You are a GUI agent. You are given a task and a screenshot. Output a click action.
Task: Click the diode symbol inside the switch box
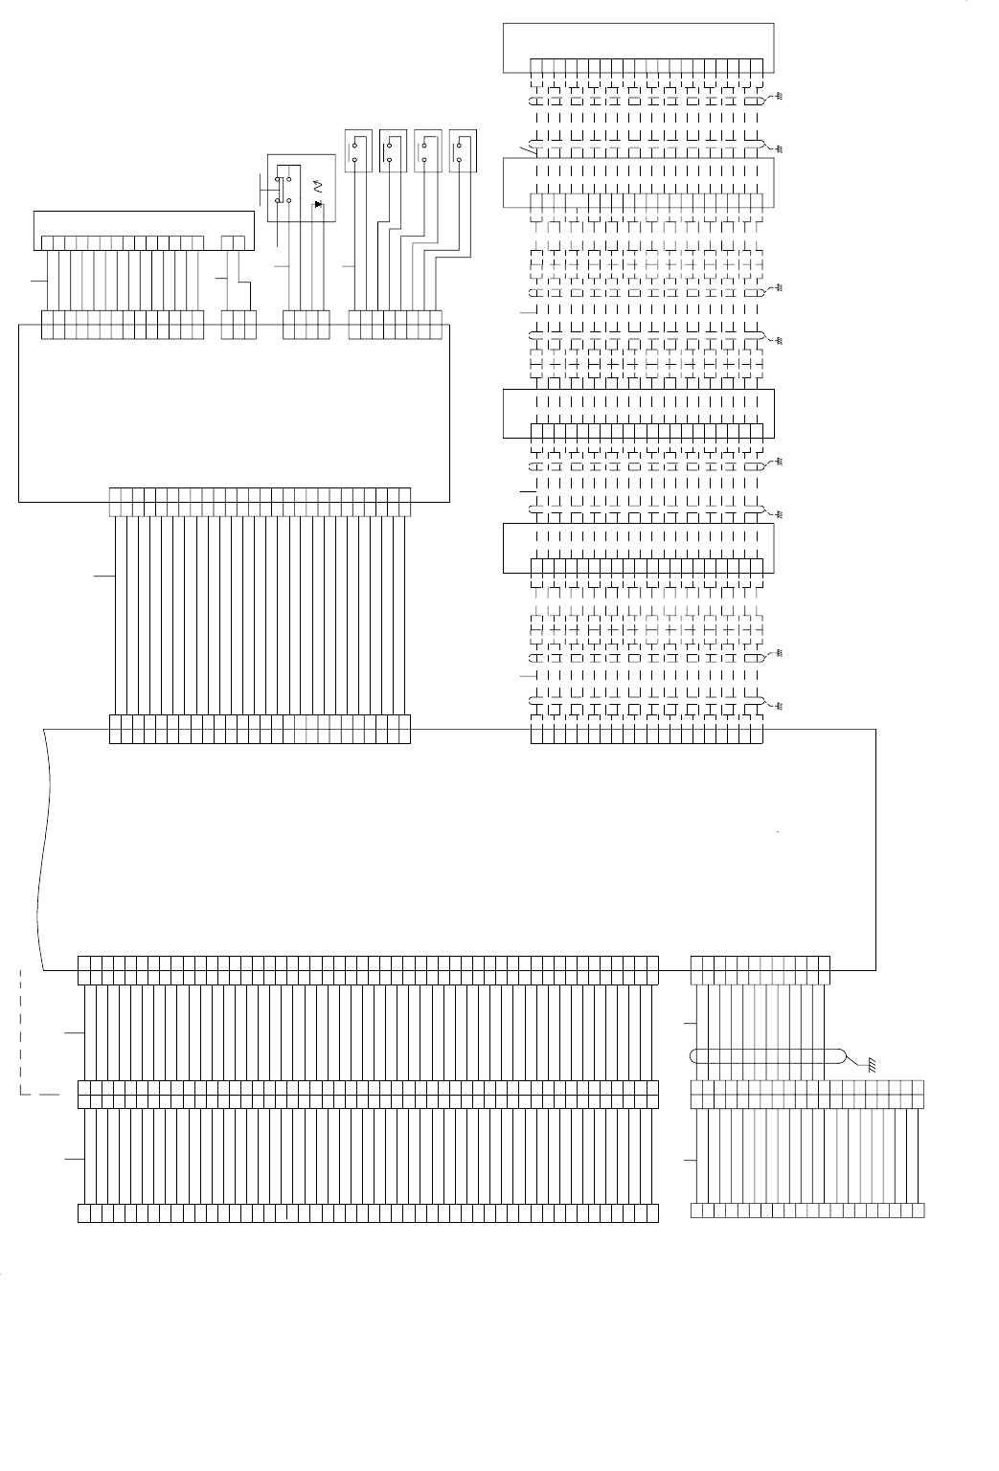click(x=319, y=204)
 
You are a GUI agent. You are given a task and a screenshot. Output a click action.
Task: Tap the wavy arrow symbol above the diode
click(x=319, y=184)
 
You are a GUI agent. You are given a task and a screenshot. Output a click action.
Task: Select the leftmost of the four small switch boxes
click(x=357, y=150)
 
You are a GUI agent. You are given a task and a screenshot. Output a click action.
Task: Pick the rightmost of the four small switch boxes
click(x=464, y=150)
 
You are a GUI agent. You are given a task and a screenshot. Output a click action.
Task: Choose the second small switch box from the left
click(x=393, y=150)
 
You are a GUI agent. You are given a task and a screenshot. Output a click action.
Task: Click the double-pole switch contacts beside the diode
click(x=283, y=188)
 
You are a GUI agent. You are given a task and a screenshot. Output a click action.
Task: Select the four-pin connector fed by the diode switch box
click(x=307, y=325)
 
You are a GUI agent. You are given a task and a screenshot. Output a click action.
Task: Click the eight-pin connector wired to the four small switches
click(x=396, y=325)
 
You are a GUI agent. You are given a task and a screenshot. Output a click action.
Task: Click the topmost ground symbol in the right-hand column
click(x=779, y=98)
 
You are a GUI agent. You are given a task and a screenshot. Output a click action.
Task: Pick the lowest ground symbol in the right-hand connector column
click(x=779, y=706)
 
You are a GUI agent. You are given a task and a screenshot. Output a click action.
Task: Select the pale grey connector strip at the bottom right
click(x=807, y=1211)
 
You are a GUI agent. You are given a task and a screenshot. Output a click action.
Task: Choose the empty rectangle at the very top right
click(x=638, y=47)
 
